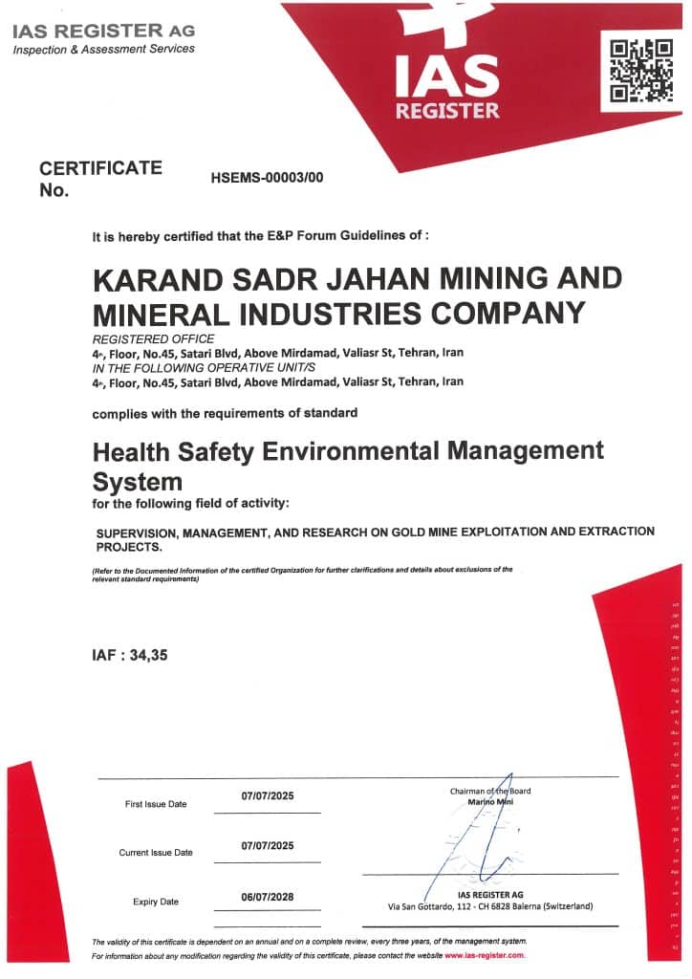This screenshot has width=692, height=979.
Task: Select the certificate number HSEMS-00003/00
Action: tap(268, 178)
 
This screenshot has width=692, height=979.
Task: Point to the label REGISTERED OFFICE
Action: tap(154, 339)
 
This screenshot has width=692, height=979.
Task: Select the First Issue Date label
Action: tap(156, 804)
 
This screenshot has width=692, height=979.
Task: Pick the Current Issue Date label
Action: tap(156, 852)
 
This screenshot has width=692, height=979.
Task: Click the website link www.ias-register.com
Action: tap(485, 955)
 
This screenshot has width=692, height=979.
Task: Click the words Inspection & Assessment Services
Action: tap(103, 49)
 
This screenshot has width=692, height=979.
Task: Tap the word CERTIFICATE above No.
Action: tap(100, 168)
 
